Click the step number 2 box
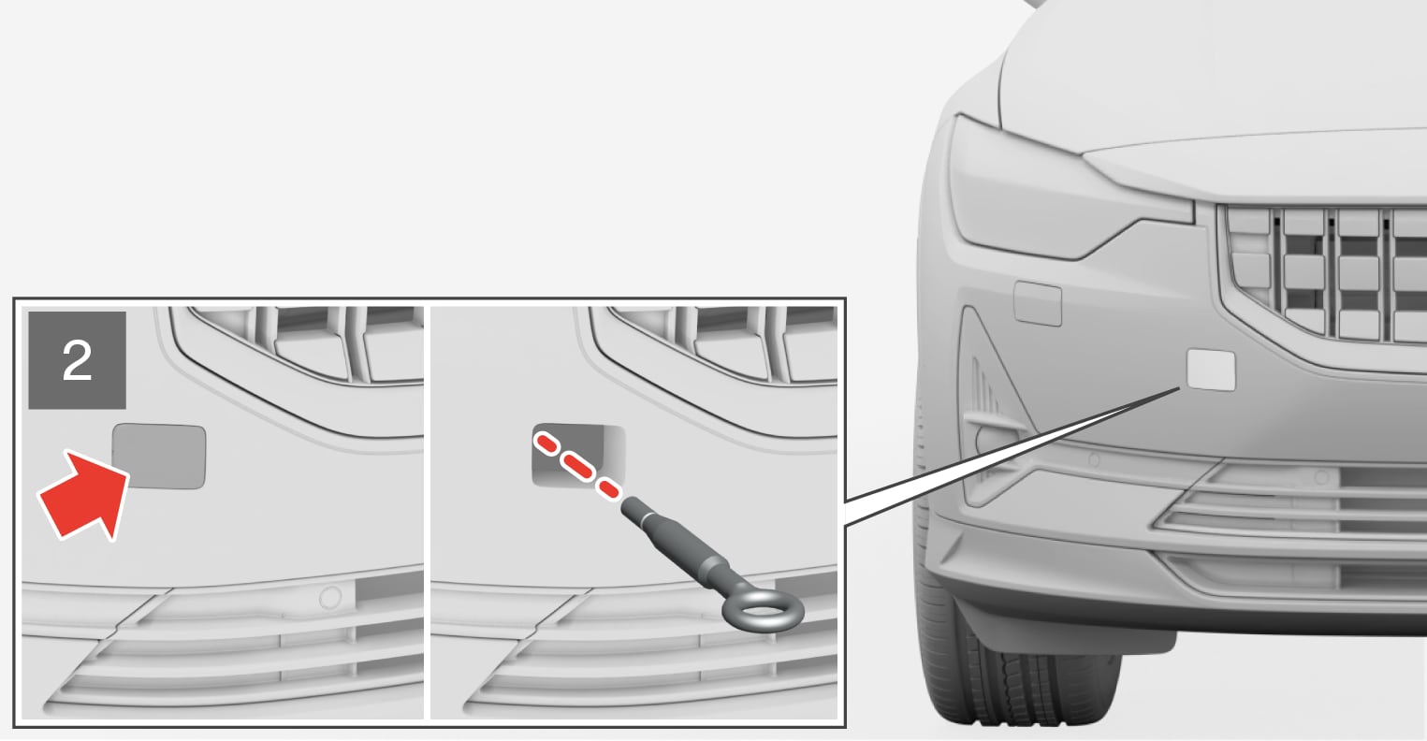tap(77, 360)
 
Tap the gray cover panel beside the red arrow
tap(159, 457)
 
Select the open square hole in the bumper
tap(577, 454)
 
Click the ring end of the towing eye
tap(764, 610)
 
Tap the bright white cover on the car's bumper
tap(1211, 370)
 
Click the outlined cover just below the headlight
tap(1038, 304)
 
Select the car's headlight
tap(1057, 191)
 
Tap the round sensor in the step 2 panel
tap(330, 598)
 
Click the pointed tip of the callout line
tap(1180, 387)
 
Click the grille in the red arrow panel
tap(299, 344)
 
